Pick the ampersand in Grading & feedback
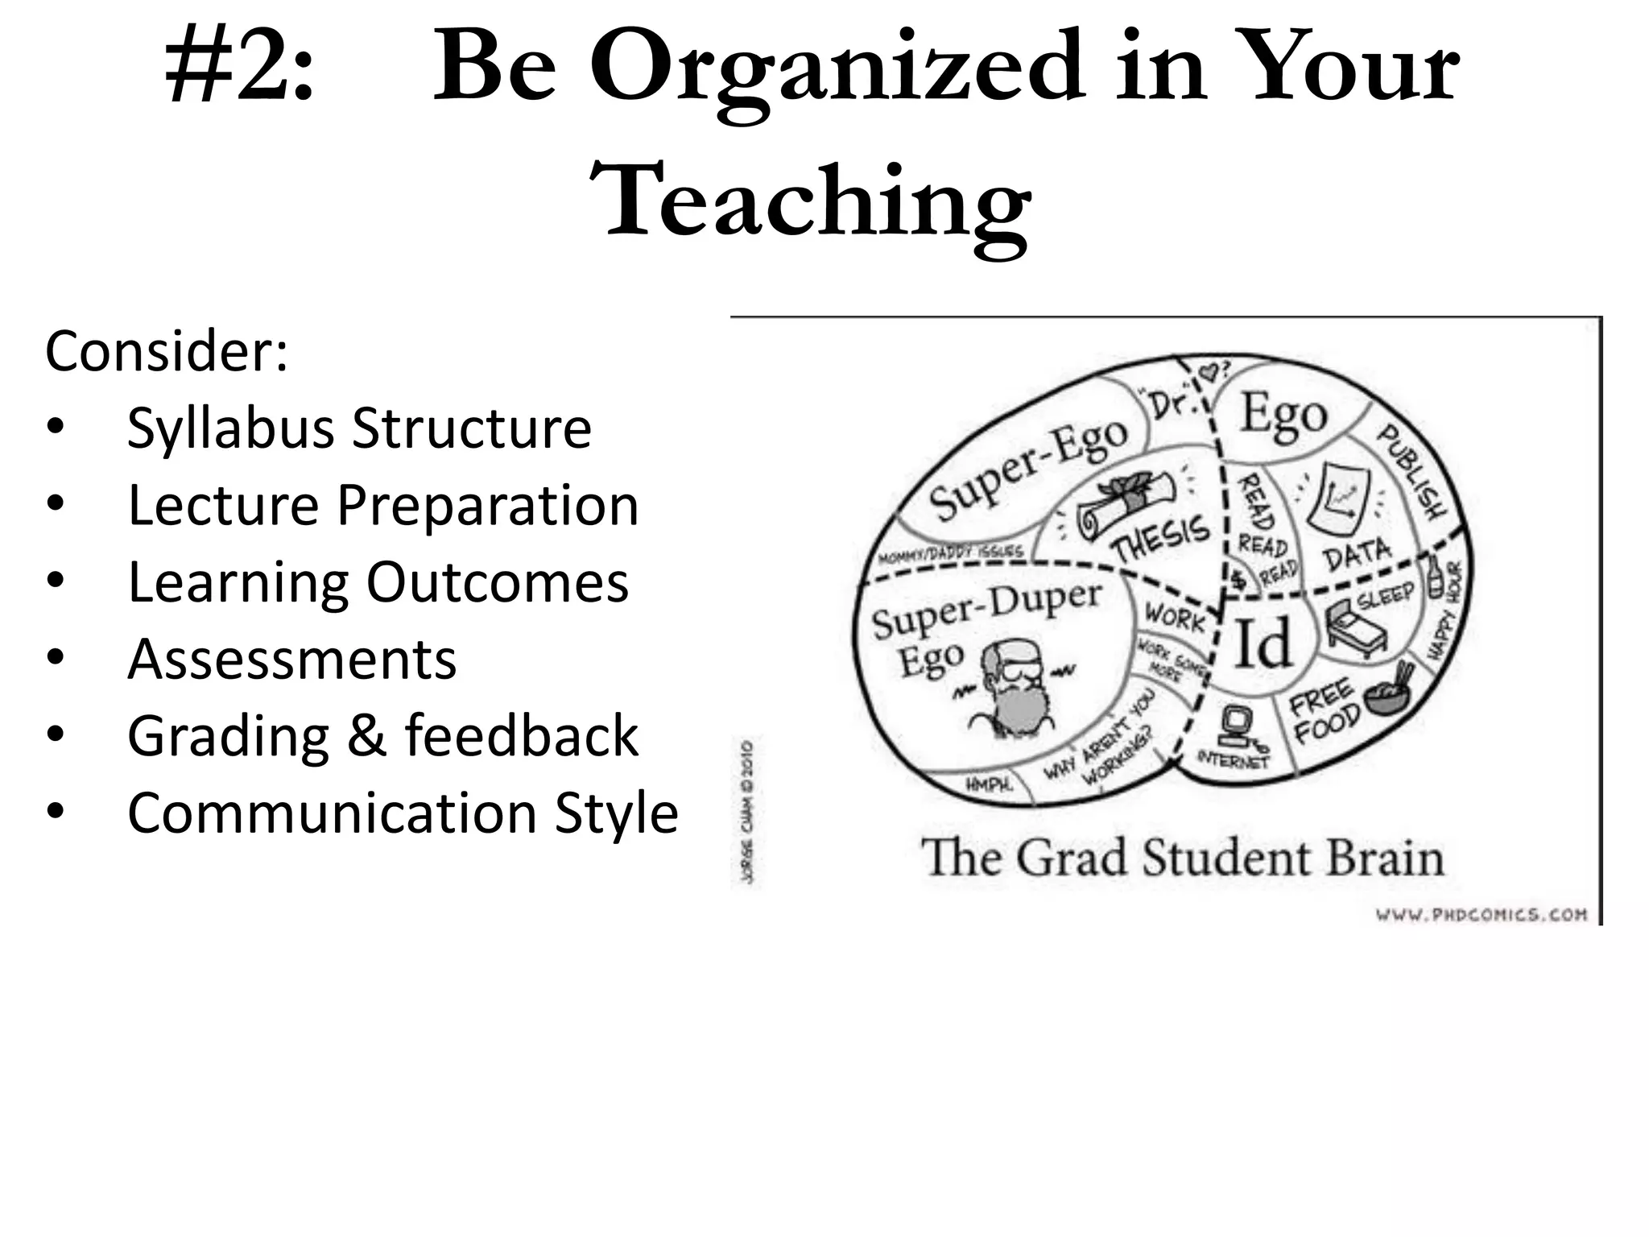(x=366, y=736)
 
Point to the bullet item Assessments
(x=291, y=660)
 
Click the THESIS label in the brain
(x=1162, y=537)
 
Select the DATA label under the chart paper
(x=1357, y=554)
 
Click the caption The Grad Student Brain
(x=1182, y=858)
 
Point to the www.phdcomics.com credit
(x=1482, y=914)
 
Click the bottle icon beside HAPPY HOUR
(x=1435, y=576)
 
